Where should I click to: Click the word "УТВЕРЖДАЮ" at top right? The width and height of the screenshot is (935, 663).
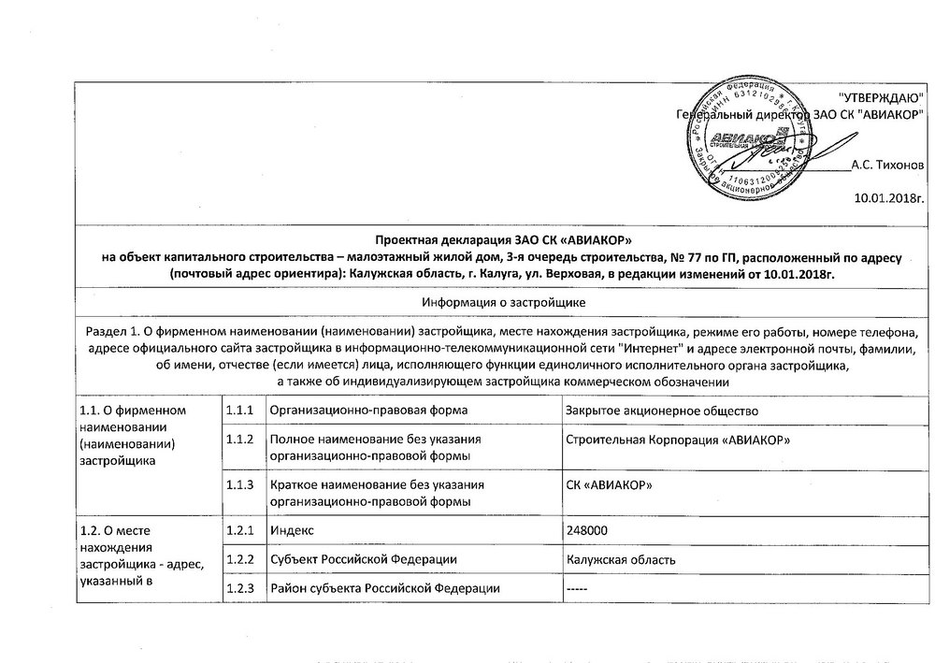point(881,98)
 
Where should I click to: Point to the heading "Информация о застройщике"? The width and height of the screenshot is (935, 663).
point(503,302)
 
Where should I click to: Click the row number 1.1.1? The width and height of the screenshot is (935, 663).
point(241,411)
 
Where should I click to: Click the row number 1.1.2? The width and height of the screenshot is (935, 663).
point(241,440)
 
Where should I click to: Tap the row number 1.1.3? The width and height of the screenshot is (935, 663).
point(241,483)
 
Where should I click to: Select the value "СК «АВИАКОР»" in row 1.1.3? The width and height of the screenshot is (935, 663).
point(611,483)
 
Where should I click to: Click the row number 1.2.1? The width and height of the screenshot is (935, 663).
point(241,530)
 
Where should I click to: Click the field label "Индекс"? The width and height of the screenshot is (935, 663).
point(292,530)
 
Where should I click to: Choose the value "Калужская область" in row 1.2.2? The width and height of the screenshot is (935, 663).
point(623,559)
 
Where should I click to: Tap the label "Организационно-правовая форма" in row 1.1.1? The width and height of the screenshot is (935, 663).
point(368,411)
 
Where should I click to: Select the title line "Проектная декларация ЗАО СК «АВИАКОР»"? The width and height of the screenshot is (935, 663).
point(503,241)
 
